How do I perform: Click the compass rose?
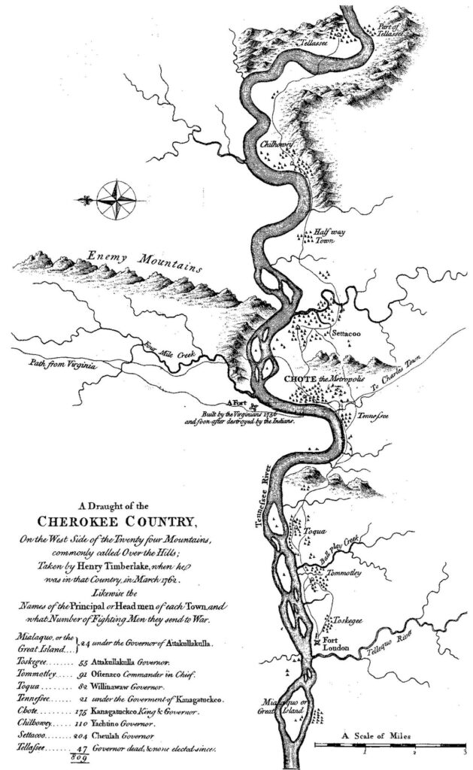(x=114, y=196)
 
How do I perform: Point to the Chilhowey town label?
(x=277, y=141)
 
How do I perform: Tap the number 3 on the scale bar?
(x=465, y=751)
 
